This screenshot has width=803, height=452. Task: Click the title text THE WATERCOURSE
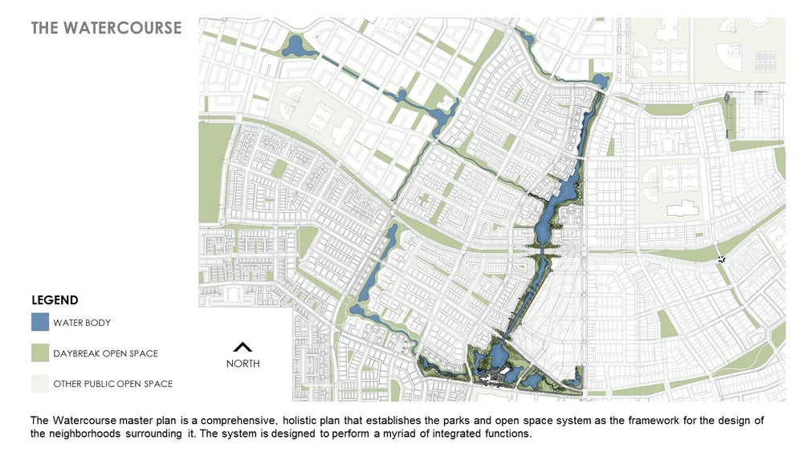(x=106, y=28)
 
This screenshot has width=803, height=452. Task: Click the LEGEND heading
(x=55, y=300)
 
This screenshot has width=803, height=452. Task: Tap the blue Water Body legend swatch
(x=40, y=323)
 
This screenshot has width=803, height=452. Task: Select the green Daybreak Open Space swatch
(x=40, y=353)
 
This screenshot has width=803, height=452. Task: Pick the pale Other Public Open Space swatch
(x=40, y=384)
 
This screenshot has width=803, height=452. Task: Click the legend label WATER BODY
(x=82, y=323)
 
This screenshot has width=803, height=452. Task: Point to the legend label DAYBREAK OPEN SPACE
(x=105, y=353)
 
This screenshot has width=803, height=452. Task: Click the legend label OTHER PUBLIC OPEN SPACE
(x=112, y=384)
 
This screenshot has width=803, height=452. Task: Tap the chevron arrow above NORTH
(x=243, y=348)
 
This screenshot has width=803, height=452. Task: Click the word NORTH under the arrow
(x=243, y=363)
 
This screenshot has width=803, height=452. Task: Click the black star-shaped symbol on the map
(x=723, y=259)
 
